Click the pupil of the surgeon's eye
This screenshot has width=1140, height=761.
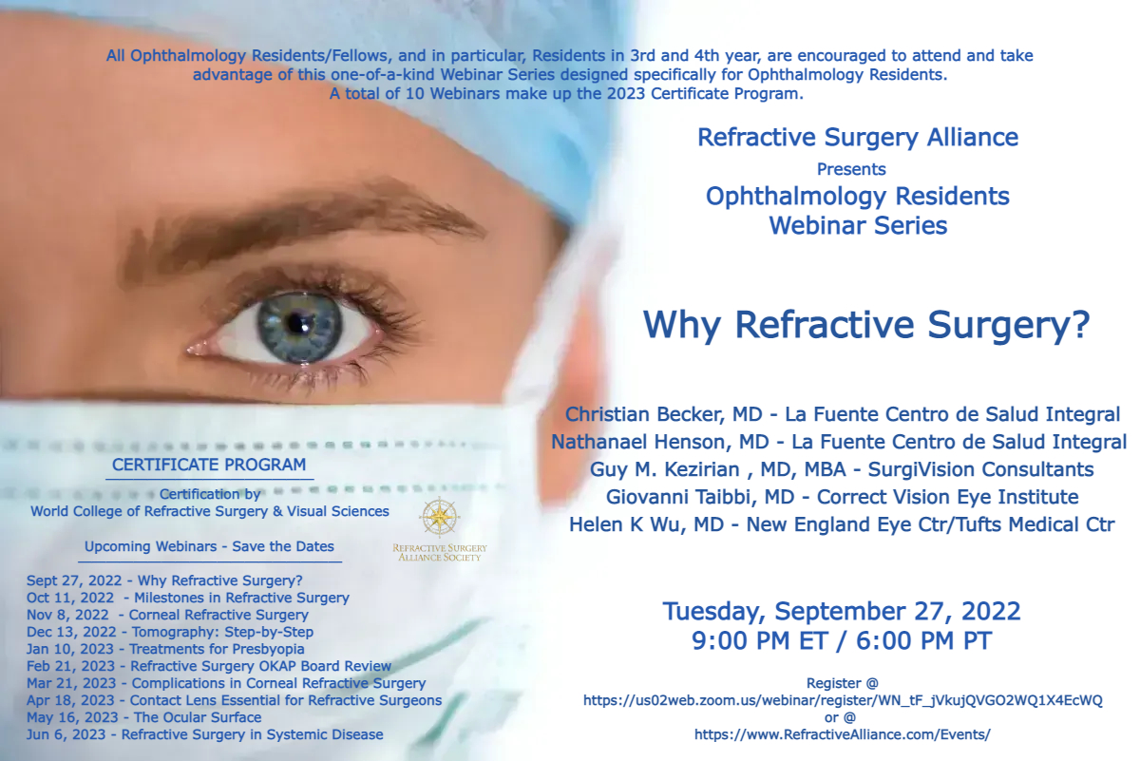tap(295, 322)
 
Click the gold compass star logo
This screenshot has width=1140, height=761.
tap(439, 517)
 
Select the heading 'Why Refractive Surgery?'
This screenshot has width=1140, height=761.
tap(866, 326)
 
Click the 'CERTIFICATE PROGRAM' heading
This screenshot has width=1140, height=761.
tap(209, 465)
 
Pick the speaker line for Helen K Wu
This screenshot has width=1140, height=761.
tap(842, 524)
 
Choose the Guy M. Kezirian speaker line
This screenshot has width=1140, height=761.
tap(842, 470)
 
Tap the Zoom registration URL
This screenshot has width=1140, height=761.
tap(843, 701)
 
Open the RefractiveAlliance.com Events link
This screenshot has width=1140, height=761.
tap(843, 735)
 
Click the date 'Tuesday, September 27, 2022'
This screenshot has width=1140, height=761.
tap(842, 611)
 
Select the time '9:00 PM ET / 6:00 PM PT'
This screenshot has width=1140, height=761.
tap(842, 641)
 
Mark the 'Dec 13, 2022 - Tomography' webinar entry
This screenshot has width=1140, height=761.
tap(170, 632)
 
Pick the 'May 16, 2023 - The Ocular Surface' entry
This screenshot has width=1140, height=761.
tap(144, 717)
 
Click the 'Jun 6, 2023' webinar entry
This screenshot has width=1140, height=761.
tap(204, 735)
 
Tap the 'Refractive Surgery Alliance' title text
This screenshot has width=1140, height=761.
tap(858, 138)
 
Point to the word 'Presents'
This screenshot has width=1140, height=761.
tap(851, 169)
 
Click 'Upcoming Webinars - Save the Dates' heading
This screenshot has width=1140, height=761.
tap(209, 546)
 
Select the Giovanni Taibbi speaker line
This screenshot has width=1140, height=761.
tap(842, 497)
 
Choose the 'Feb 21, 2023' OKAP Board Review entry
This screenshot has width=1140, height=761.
tap(209, 666)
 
